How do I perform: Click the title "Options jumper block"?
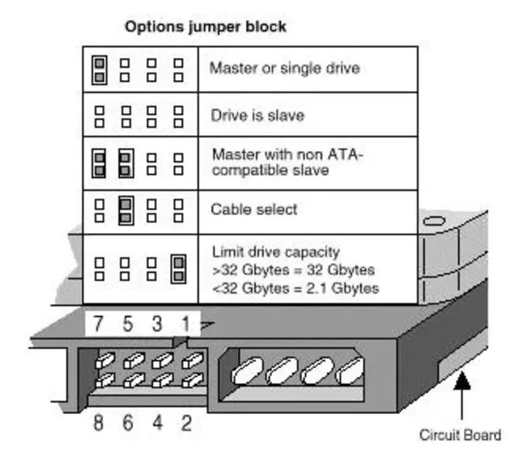click(x=205, y=27)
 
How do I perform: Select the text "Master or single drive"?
click(x=284, y=68)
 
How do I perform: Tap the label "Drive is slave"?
click(x=257, y=115)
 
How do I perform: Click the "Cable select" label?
click(x=253, y=210)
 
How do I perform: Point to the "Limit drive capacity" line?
click(x=276, y=252)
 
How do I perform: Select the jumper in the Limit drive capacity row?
click(x=179, y=268)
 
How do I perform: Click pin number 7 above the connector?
click(x=97, y=324)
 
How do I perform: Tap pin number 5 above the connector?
click(x=127, y=324)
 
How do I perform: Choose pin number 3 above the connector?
click(x=157, y=324)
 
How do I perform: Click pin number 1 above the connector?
click(x=185, y=324)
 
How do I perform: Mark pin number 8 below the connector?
click(x=99, y=421)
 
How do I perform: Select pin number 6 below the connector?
click(x=129, y=421)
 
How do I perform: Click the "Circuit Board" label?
click(x=460, y=434)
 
